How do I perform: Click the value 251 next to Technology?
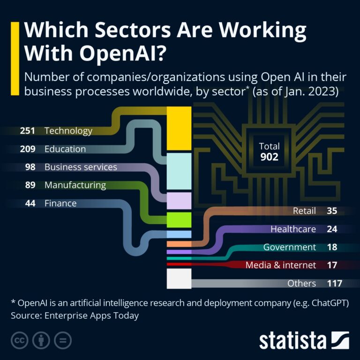click(x=28, y=131)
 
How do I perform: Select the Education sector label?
click(x=65, y=149)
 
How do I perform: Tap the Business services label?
click(x=81, y=167)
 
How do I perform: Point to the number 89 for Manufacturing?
click(x=30, y=185)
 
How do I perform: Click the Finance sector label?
click(x=60, y=203)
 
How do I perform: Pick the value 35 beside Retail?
click(x=332, y=211)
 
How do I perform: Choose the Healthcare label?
click(x=293, y=229)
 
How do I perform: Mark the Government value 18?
click(x=332, y=247)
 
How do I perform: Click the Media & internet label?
click(x=280, y=265)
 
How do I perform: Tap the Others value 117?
click(x=335, y=283)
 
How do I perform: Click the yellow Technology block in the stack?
click(x=179, y=128)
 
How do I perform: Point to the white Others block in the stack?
click(x=179, y=278)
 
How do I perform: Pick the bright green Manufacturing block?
click(x=179, y=219)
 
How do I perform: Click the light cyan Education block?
click(x=179, y=171)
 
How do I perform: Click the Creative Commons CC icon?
click(x=19, y=340)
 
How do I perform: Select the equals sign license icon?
click(x=62, y=340)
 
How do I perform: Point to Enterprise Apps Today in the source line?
click(x=92, y=315)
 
